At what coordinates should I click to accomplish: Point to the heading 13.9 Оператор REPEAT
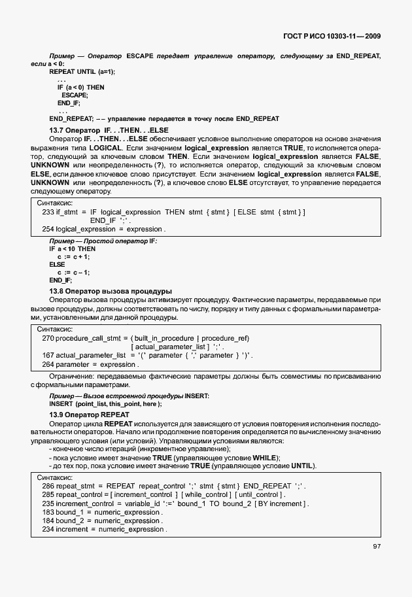point(90,415)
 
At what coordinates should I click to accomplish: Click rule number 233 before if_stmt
point(47,212)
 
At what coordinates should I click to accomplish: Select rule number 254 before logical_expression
point(47,230)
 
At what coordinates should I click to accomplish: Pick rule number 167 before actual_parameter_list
point(47,355)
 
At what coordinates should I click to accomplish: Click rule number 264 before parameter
point(47,364)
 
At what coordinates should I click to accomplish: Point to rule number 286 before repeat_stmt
point(47,486)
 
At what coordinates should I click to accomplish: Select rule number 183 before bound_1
point(47,512)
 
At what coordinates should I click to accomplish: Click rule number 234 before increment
point(47,529)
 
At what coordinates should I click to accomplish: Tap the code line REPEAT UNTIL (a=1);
point(82,71)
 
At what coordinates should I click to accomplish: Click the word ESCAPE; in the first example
point(75,95)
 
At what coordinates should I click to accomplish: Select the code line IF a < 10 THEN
point(72,249)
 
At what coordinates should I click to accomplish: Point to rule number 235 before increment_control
point(47,503)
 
